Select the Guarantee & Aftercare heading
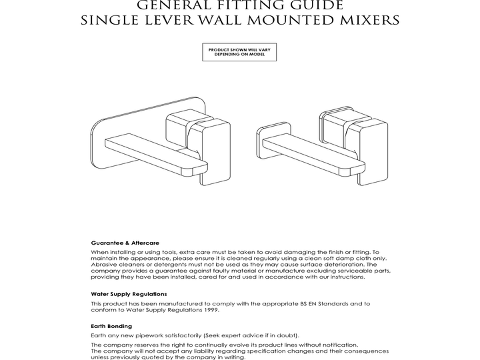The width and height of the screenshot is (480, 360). pyautogui.click(x=125, y=243)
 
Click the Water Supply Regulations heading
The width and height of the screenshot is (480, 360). pyautogui.click(x=129, y=293)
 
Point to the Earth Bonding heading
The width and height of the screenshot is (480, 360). pyautogui.click(x=111, y=326)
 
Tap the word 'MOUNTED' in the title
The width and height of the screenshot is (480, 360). pyautogui.click(x=279, y=20)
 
